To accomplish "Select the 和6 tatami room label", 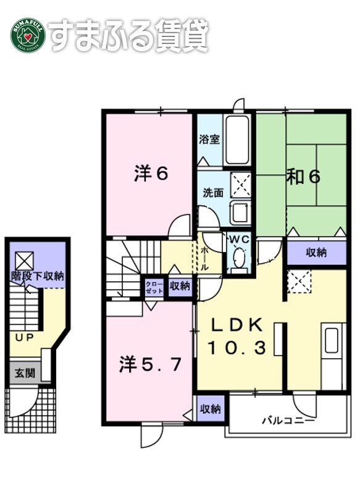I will pyautogui.click(x=303, y=177).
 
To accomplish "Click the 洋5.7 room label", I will pyautogui.click(x=151, y=364).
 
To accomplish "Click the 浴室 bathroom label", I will pyautogui.click(x=209, y=140).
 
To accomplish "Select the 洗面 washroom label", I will pyautogui.click(x=213, y=192).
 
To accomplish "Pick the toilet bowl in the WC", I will pyautogui.click(x=238, y=259).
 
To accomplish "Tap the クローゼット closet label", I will pyautogui.click(x=153, y=286).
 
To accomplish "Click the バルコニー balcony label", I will pyautogui.click(x=288, y=422).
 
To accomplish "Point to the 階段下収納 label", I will pyautogui.click(x=37, y=276).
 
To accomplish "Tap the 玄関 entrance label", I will pyautogui.click(x=25, y=373).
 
